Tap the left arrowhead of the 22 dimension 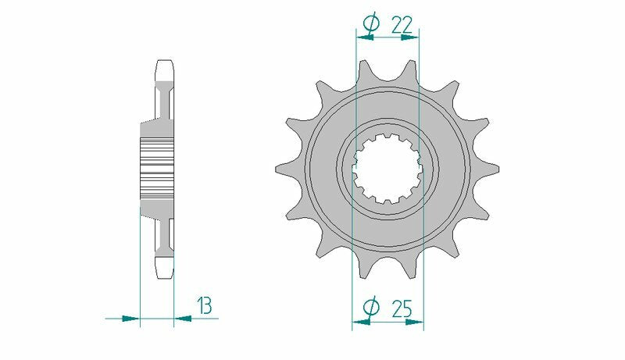(362, 35)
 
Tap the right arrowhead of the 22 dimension (413, 35)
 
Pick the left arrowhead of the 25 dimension (359, 319)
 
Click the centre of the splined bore (387, 168)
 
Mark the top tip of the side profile (165, 62)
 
